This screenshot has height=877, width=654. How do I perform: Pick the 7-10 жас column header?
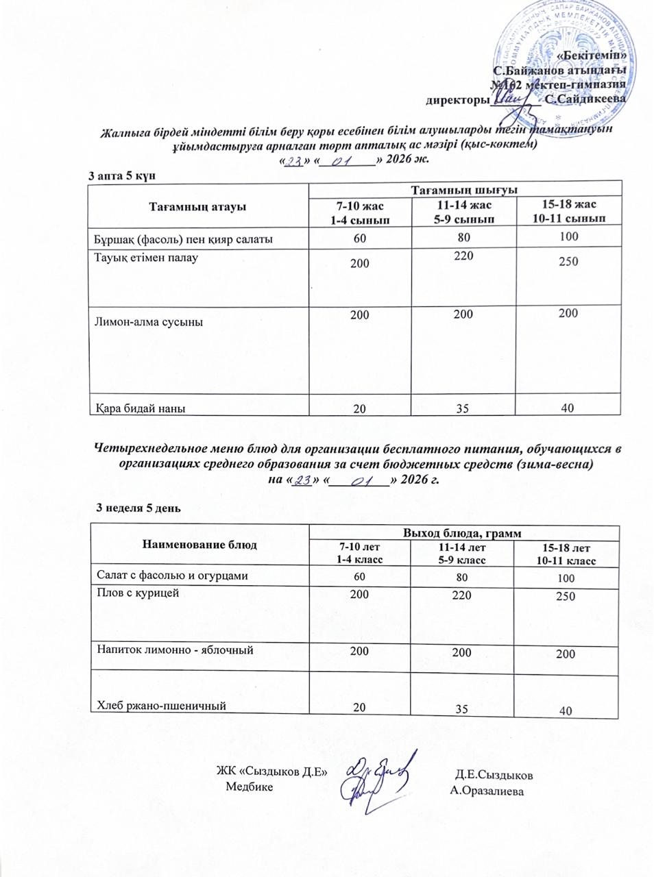coord(359,212)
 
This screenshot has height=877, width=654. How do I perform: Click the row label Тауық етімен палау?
coord(146,258)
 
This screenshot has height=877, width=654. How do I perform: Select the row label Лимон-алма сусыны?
coord(148,321)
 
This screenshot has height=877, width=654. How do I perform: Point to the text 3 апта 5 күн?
coord(123,175)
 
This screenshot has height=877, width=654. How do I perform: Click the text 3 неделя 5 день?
coord(138,507)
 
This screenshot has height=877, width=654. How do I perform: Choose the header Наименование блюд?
coord(199,545)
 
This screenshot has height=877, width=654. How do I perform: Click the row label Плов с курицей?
coord(137,593)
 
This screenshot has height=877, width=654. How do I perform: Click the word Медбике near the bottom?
coord(249,786)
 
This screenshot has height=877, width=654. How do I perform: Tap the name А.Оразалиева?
coord(487,791)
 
